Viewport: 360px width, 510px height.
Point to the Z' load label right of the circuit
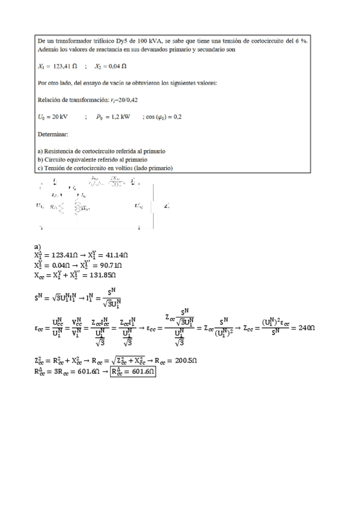[x=166, y=206]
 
